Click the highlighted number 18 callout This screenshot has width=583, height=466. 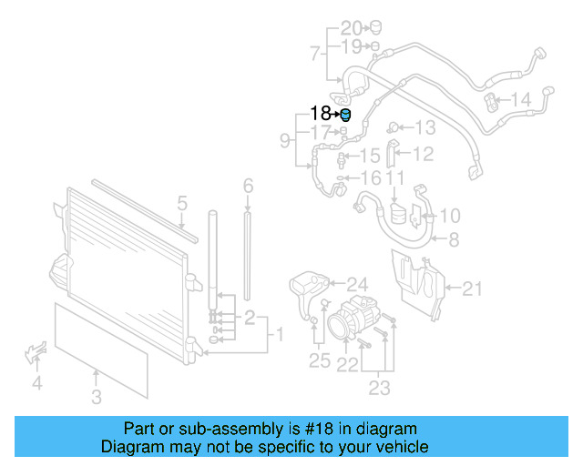coord(322,114)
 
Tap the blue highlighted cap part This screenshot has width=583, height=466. coord(344,114)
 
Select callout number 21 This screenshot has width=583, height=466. coord(471,289)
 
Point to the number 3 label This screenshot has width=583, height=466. coord(97,396)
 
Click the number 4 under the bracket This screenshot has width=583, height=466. coord(37,383)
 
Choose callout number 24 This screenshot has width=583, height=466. coord(331,284)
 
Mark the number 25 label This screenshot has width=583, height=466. coord(319,361)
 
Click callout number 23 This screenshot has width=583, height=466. coord(379,389)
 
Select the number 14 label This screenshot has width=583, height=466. coord(520,99)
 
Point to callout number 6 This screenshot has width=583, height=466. coord(248,187)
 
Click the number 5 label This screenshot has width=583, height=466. coord(182,203)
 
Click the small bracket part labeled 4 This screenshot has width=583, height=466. coord(34,350)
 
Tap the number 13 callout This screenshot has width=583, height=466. coord(425,128)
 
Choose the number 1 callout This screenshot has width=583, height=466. coord(280,336)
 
